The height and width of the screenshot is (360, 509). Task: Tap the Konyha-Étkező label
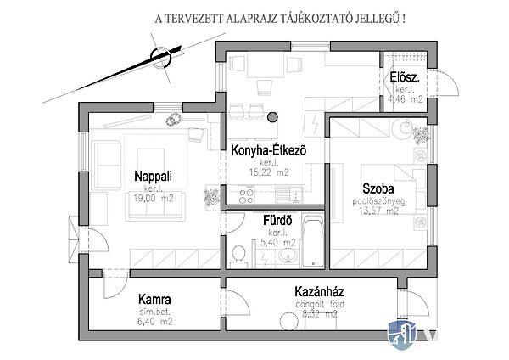pyautogui.click(x=267, y=150)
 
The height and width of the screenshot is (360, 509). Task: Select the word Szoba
pyautogui.click(x=377, y=189)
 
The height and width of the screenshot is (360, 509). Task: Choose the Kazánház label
pyautogui.click(x=307, y=292)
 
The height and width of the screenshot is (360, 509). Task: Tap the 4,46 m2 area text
pyautogui.click(x=404, y=99)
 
